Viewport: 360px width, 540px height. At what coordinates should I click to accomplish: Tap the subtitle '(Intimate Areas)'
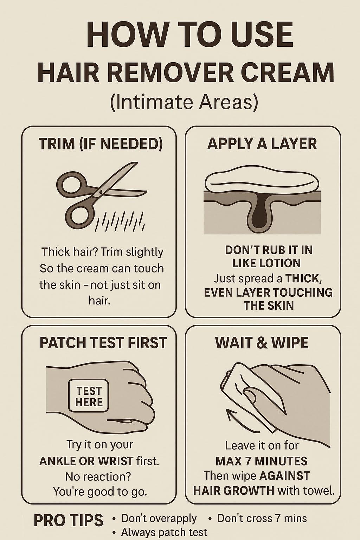(x=184, y=102)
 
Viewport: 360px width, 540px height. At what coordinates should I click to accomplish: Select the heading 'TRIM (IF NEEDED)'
(x=100, y=144)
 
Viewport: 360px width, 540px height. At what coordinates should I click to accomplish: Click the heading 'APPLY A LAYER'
(x=262, y=144)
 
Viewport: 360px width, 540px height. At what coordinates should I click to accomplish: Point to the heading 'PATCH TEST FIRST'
(x=103, y=342)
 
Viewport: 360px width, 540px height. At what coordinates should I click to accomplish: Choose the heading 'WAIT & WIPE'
(x=262, y=342)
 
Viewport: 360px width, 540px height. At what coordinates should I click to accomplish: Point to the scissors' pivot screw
(x=100, y=192)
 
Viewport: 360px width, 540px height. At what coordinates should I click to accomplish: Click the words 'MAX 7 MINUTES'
(x=261, y=461)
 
